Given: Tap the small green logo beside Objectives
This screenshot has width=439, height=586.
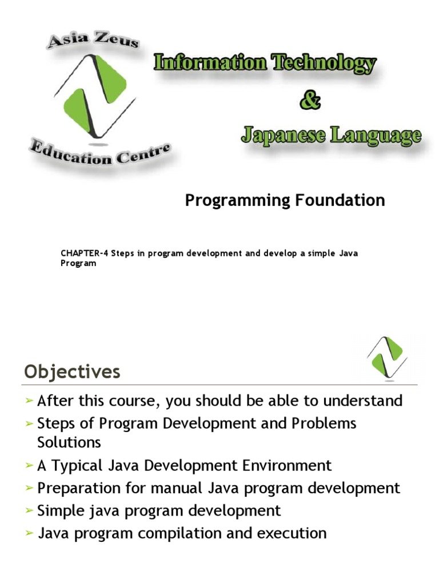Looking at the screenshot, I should pyautogui.click(x=386, y=358).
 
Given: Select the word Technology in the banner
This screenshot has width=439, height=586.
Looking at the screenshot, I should pyautogui.click(x=324, y=63).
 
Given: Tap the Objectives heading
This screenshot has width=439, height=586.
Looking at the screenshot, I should pyautogui.click(x=72, y=372).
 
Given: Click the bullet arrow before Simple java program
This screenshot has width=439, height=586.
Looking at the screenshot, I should pyautogui.click(x=30, y=511).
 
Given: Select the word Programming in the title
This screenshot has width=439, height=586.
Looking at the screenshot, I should pyautogui.click(x=238, y=200).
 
